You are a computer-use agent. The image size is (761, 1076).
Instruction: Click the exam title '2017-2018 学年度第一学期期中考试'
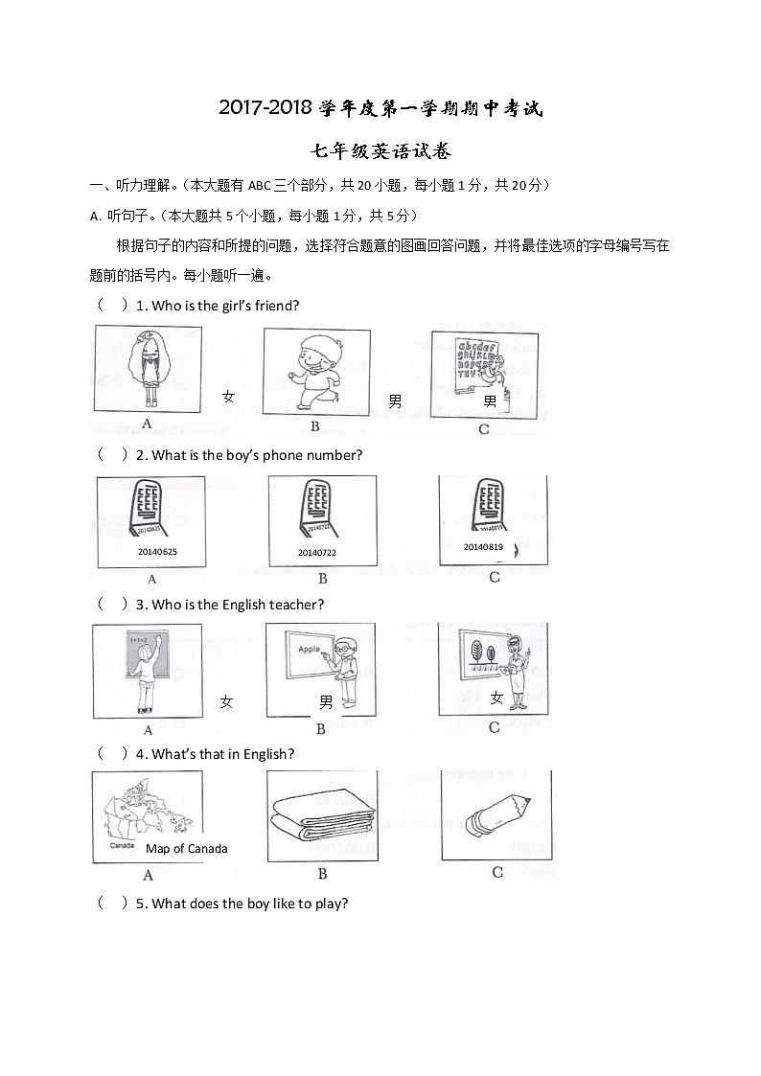[x=380, y=108]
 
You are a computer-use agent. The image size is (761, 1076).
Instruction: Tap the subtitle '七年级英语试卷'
[x=380, y=151]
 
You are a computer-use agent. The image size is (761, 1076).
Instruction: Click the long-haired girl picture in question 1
[x=148, y=368]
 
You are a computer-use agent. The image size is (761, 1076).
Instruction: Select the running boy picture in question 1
[x=316, y=371]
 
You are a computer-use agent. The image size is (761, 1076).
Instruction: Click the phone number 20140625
[x=157, y=552]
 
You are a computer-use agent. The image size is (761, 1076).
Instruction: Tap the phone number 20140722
[x=316, y=553]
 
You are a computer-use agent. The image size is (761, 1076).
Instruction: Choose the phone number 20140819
[x=483, y=546]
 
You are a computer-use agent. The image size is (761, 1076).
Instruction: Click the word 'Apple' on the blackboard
[x=309, y=649]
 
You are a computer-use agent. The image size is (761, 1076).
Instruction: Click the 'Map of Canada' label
[x=187, y=848]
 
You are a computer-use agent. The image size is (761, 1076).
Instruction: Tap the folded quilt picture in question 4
[x=322, y=815]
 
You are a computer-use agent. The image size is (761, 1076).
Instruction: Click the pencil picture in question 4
[x=496, y=813]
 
